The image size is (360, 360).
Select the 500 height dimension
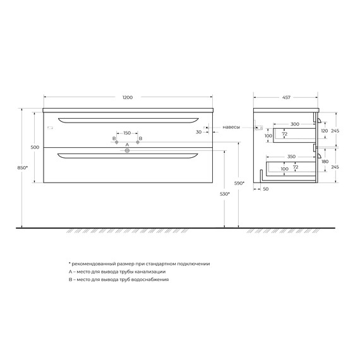click(35, 147)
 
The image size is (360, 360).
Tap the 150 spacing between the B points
click(127, 133)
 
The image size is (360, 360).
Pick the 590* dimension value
click(238, 183)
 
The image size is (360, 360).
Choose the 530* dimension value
click(224, 194)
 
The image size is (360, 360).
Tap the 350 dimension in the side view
click(291, 155)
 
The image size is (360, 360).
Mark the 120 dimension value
click(325, 130)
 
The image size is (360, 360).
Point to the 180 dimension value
click(325, 162)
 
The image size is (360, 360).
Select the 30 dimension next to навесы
click(198, 132)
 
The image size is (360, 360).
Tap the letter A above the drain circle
click(127, 145)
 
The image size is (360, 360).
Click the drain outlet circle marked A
click(127, 151)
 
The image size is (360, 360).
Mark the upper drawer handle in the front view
click(128, 119)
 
